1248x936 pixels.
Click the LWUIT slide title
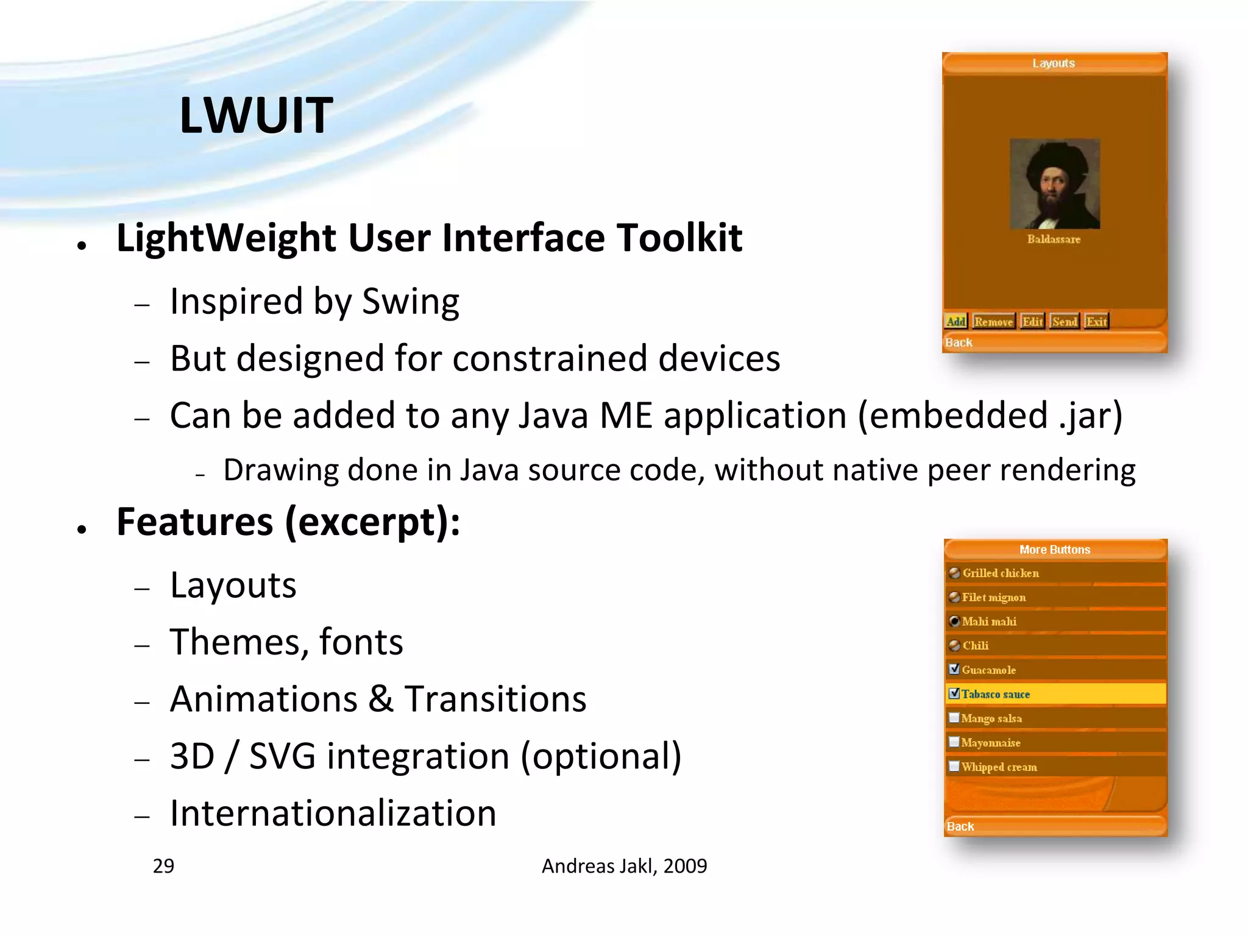tap(256, 115)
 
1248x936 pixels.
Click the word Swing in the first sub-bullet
tap(410, 302)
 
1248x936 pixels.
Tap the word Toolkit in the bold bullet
tap(679, 238)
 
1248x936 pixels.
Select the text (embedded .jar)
tap(990, 416)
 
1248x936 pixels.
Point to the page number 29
tap(163, 866)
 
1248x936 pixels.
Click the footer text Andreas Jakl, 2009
tap(624, 866)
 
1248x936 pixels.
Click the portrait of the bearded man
tap(1054, 184)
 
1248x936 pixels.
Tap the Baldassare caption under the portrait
tap(1054, 239)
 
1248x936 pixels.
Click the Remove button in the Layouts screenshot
tap(993, 322)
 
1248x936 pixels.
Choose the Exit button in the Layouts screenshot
tap(1096, 322)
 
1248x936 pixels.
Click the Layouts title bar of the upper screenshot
tap(1054, 63)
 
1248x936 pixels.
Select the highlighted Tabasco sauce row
tap(1055, 694)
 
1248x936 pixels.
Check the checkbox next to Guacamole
tap(954, 669)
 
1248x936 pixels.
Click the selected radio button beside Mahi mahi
tap(955, 622)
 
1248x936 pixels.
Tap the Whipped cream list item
tap(999, 767)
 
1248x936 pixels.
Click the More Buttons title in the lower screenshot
tap(1055, 550)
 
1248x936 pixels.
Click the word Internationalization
tap(333, 814)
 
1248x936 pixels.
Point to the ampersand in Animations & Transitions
tap(381, 699)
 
